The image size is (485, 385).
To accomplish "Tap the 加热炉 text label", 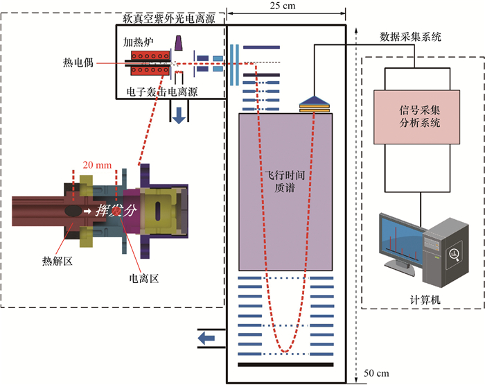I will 139,42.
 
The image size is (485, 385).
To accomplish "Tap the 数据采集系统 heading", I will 412,37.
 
